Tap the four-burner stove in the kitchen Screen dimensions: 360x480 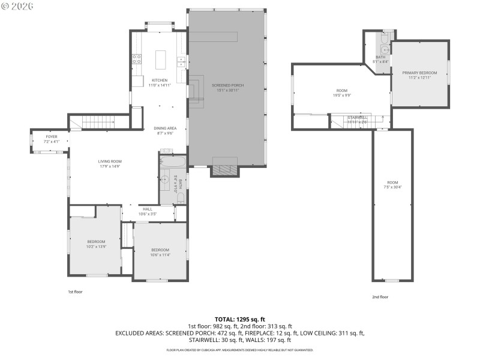click(x=136, y=59)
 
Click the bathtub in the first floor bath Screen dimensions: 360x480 click(x=172, y=161)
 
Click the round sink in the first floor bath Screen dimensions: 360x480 click(x=164, y=179)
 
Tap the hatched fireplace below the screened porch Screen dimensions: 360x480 click(x=225, y=170)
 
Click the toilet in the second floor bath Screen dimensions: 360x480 click(x=385, y=37)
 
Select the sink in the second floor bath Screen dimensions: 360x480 click(x=385, y=50)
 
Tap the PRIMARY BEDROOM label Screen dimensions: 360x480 click(x=419, y=73)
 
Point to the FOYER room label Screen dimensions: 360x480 click(x=52, y=136)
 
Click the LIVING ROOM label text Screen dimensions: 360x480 click(x=110, y=161)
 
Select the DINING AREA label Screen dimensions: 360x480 click(x=164, y=128)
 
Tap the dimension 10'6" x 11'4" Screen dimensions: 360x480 click(x=160, y=254)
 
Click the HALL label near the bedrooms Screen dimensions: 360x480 click(x=148, y=209)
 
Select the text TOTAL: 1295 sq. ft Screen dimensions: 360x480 click(x=239, y=319)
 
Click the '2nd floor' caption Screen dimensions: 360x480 click(x=380, y=296)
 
